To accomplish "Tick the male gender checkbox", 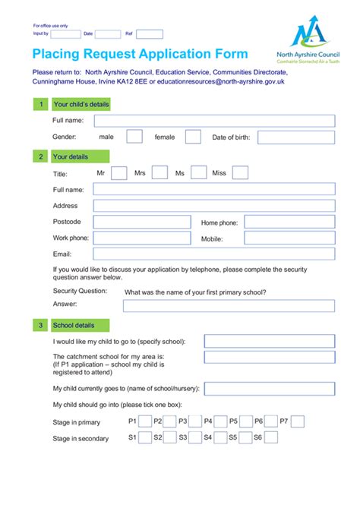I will tap(134, 137).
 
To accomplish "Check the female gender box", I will tap(193, 137).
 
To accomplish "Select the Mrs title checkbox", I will tap(159, 172).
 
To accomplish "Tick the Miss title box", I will tap(240, 172).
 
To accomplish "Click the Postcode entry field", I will tap(141, 222).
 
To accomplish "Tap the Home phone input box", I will tap(289, 222).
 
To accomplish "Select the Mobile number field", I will tap(289, 238).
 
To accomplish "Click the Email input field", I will tap(213, 254).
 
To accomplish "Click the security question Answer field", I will tap(228, 305).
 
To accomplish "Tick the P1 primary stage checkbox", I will tap(144, 421).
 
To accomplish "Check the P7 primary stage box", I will tap(298, 421).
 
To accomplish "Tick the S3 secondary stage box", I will tap(195, 437).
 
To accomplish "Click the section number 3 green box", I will tap(40, 326).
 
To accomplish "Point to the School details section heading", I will tap(74, 326).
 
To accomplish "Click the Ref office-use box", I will tap(150, 33).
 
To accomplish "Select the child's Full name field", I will tap(214, 121).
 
